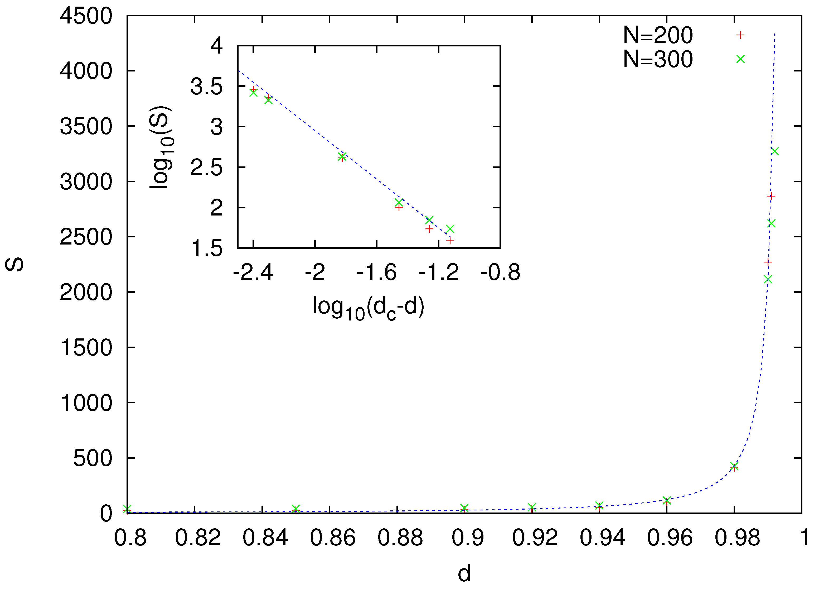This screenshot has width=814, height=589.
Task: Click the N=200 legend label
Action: pos(658,35)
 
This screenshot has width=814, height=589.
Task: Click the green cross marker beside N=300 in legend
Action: pos(740,59)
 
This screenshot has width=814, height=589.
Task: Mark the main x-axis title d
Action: pos(464,573)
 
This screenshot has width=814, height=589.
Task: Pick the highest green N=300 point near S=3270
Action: pos(775,151)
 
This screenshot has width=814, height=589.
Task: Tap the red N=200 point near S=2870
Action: pos(771,196)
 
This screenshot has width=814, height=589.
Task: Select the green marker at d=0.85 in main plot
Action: pos(296,508)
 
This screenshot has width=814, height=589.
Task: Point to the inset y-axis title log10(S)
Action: pos(161,147)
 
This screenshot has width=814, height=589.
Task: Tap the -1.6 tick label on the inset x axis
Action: pos(376,272)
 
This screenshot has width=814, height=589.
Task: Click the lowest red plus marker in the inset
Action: pos(450,240)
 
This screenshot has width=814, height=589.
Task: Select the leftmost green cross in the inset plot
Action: pos(253,93)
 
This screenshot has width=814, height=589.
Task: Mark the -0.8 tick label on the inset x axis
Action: pos(500,272)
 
